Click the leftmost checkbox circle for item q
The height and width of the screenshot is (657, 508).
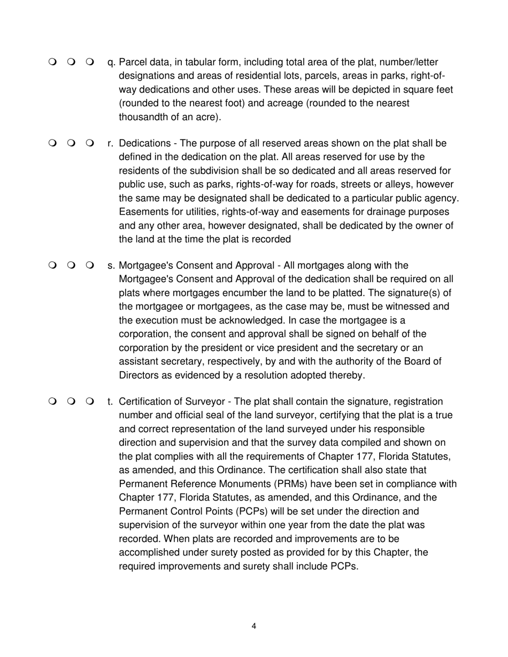point(52,62)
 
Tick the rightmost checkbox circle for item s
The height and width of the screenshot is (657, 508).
point(89,265)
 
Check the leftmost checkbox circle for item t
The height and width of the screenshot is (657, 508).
point(52,402)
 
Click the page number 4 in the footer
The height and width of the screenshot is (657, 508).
point(253,626)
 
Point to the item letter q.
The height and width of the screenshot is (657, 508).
point(111,63)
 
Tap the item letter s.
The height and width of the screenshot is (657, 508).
point(111,265)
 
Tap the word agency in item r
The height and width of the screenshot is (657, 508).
point(442,198)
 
